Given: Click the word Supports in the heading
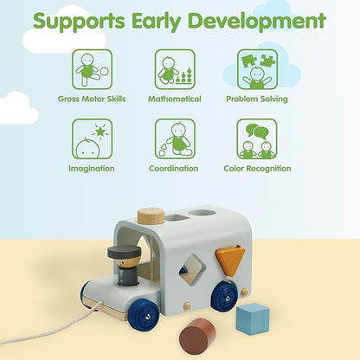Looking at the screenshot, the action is point(79,21).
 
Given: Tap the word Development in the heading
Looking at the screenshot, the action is point(257,20).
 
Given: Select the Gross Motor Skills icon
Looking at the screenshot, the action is point(92,69).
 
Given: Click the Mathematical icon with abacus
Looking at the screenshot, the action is point(175,69).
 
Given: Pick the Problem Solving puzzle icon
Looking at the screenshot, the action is point(257,69).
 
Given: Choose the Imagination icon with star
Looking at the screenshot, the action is point(92,139).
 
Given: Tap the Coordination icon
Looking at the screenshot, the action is point(175,139).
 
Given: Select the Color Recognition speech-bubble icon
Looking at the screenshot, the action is point(257,139).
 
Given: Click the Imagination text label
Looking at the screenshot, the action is point(92,169).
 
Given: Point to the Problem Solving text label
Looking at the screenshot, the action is point(257,99).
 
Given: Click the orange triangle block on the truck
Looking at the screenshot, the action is point(229,260).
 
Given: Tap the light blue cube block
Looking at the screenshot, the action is point(253,318).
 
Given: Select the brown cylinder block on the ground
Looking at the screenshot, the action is point(197,335).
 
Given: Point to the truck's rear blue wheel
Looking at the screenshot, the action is point(225,296).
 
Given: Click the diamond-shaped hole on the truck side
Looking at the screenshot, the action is point(190,271).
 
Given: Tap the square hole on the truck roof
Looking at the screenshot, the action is point(177,217).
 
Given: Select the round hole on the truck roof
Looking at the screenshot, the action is point(202,212).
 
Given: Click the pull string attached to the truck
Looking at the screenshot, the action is point(52,326).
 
